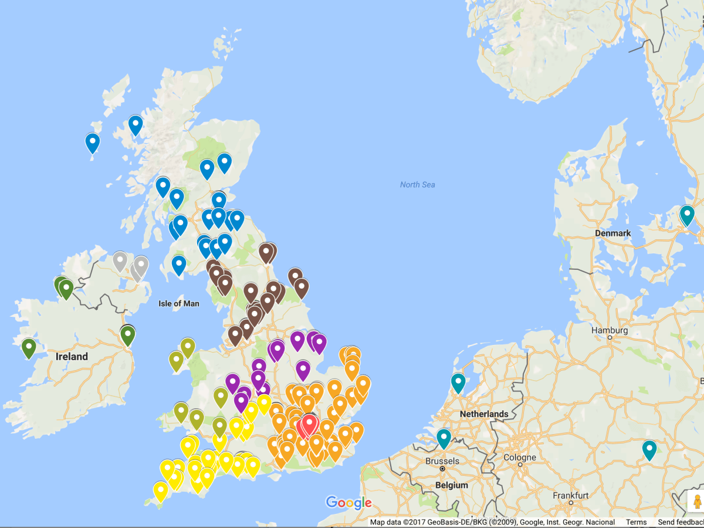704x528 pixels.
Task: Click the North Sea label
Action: (417, 185)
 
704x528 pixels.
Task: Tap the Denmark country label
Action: (612, 233)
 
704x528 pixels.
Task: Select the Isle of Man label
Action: (179, 303)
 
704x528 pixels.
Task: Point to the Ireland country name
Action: (72, 356)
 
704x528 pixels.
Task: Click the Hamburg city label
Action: (610, 330)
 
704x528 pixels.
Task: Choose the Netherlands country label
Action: (484, 414)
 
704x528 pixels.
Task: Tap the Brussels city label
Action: (442, 461)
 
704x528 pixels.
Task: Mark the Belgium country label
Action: (452, 485)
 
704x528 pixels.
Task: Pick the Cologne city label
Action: (520, 458)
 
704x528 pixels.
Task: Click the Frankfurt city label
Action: (571, 496)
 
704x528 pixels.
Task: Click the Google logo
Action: (349, 503)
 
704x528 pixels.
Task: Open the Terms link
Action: (636, 522)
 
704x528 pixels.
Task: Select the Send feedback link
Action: (681, 522)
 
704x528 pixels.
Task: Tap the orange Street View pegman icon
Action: (696, 502)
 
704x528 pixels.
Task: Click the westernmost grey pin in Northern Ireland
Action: (120, 260)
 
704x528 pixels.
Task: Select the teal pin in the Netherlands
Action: (458, 383)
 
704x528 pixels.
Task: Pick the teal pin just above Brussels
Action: (444, 438)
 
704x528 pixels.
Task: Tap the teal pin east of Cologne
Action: (649, 449)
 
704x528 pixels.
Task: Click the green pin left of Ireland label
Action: (29, 347)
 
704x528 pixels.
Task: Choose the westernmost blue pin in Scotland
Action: (92, 143)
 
